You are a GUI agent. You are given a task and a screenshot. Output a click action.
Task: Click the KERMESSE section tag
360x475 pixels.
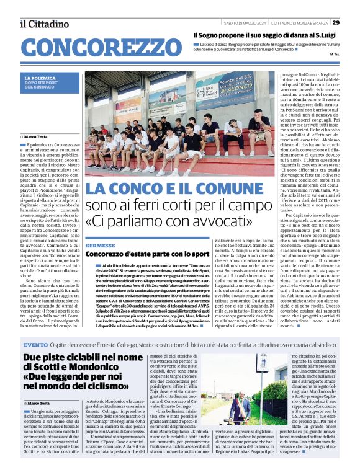pos(101,246)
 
